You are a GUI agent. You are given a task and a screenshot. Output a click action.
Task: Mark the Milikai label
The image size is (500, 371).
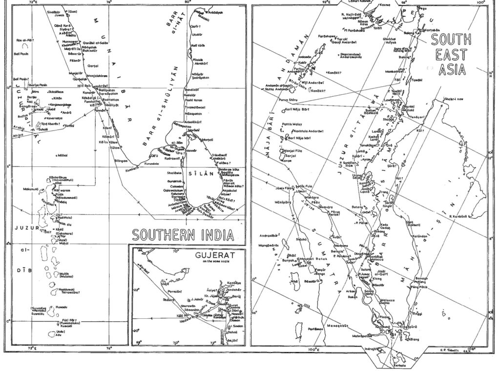tap(62, 155)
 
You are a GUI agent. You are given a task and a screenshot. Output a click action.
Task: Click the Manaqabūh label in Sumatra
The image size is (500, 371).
tap(337, 325)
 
